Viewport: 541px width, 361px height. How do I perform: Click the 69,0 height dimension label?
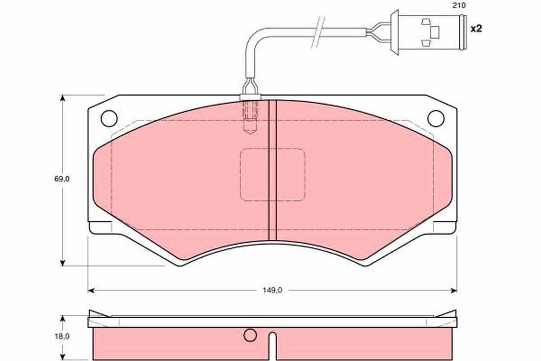[x=62, y=179]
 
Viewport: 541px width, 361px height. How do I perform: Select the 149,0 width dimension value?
[x=272, y=291]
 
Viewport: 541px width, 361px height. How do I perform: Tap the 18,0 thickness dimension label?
[x=62, y=336]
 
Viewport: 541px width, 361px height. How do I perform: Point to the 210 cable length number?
[x=459, y=5]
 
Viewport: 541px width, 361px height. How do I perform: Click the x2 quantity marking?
[x=476, y=29]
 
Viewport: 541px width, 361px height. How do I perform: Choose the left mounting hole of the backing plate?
[x=109, y=119]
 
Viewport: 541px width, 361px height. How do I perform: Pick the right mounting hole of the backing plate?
[x=436, y=119]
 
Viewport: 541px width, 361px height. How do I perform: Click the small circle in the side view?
[x=250, y=335]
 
